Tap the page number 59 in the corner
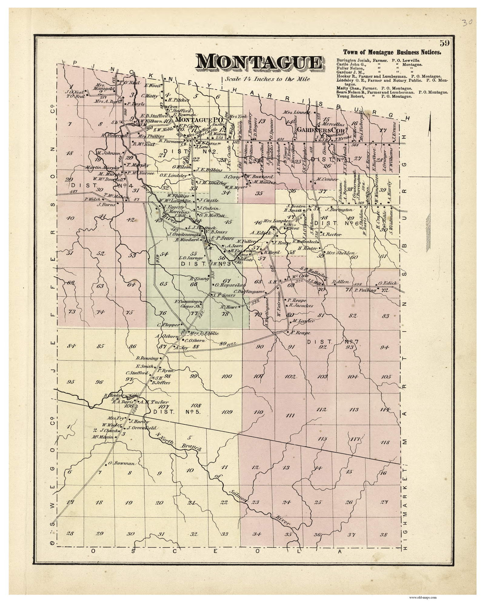click(445, 44)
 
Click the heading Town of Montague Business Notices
click(392, 52)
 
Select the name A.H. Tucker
click(150, 402)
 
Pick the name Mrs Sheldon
click(341, 253)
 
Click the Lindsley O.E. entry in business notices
click(391, 81)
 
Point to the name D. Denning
click(147, 358)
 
